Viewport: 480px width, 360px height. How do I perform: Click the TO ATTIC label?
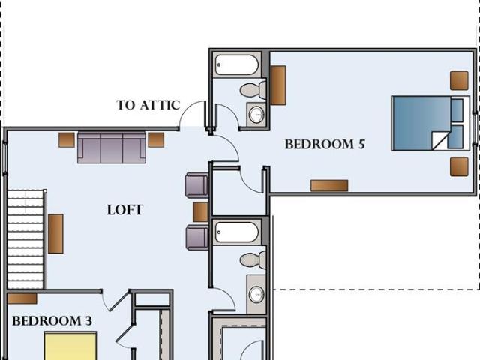click(x=148, y=105)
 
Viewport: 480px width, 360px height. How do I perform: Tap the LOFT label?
click(x=125, y=210)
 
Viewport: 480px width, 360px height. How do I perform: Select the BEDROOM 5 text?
click(x=325, y=144)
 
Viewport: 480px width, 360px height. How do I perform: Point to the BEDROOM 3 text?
click(x=52, y=321)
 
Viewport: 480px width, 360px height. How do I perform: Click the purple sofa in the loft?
click(x=112, y=148)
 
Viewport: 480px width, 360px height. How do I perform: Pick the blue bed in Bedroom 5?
click(x=430, y=123)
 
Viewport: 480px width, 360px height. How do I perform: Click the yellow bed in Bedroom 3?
click(x=70, y=346)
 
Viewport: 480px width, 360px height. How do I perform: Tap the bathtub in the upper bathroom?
click(x=236, y=64)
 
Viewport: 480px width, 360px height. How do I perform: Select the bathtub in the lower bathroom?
click(x=236, y=232)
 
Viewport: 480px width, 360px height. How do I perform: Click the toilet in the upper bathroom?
click(x=253, y=90)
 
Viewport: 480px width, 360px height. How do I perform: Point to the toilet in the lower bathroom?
click(x=253, y=259)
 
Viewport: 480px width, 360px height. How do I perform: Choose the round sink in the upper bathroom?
click(x=256, y=115)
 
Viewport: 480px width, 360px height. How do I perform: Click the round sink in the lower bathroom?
click(x=256, y=294)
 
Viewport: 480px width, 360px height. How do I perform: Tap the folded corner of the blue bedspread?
click(x=441, y=140)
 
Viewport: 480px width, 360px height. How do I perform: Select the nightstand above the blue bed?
click(x=459, y=80)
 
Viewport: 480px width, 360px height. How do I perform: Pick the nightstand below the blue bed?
click(x=459, y=166)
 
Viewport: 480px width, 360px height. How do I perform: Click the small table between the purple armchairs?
click(x=201, y=211)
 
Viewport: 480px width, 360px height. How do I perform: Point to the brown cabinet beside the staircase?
click(x=55, y=233)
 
